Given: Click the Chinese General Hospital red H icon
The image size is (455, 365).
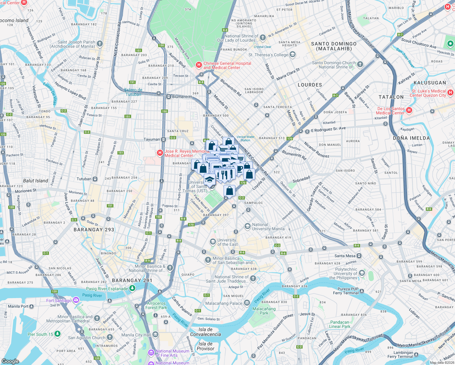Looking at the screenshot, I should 199,65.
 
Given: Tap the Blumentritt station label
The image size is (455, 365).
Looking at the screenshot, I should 182,97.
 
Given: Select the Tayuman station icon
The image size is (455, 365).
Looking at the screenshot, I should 163,140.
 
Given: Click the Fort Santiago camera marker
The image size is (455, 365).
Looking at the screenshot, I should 76,300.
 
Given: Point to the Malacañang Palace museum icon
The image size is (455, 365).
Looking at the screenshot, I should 247,303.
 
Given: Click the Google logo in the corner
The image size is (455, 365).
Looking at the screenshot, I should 10,361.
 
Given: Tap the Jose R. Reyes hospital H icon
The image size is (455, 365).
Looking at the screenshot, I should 160,153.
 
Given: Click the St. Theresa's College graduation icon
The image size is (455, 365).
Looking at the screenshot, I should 293,55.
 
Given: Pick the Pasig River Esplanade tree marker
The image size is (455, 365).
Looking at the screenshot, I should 132,288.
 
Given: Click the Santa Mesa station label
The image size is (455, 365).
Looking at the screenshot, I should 345,256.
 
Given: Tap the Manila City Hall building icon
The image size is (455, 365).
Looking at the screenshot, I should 155,335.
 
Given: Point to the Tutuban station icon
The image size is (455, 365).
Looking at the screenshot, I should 95,179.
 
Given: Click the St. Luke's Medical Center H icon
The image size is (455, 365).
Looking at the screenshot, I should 450,92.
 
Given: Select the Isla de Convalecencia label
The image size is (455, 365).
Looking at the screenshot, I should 206,332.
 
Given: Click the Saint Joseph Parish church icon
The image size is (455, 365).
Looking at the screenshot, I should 100,44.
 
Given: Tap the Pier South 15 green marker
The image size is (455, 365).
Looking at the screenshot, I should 57,334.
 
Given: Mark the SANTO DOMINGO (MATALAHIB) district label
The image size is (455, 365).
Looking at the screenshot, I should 334,46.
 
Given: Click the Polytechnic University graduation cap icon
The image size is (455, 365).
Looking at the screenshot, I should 362,273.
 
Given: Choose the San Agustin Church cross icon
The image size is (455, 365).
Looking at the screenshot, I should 109,337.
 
